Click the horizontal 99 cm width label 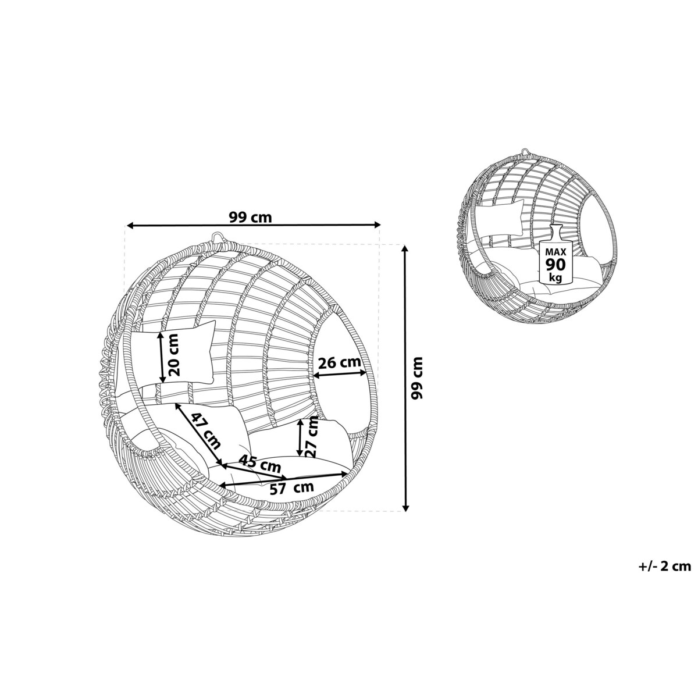250,217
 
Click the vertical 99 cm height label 417,378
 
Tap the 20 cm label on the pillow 173,355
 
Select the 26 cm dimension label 339,362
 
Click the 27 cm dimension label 312,437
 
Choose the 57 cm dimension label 292,488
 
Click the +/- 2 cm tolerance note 664,566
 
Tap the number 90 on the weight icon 555,265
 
